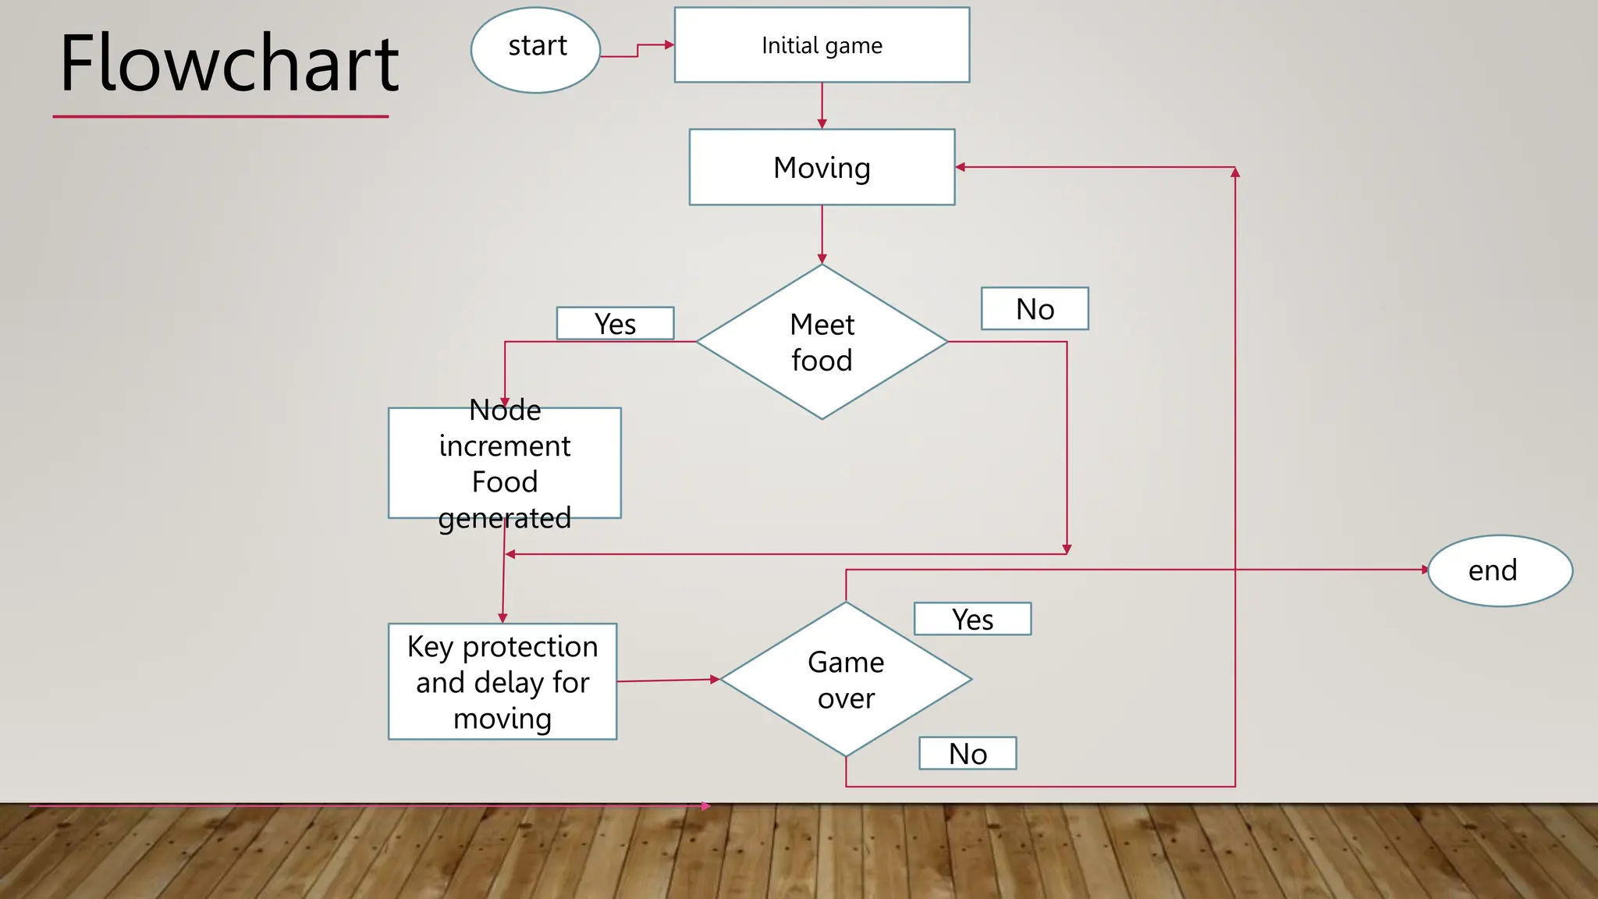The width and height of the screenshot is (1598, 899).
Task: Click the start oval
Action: [536, 50]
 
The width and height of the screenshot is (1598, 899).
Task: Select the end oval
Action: [1500, 570]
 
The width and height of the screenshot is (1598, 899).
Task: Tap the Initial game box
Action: [822, 45]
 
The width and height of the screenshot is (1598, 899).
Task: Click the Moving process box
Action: [822, 167]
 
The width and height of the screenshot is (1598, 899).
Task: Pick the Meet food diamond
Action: [822, 342]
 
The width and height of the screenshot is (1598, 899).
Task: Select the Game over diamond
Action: [846, 679]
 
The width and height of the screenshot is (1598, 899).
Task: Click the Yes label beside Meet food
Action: [615, 324]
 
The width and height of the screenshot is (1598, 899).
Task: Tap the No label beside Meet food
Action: [1035, 309]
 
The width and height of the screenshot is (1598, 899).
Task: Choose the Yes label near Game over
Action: [972, 619]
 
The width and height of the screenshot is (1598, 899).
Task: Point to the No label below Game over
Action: [968, 753]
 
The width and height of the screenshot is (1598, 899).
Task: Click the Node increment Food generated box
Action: [505, 463]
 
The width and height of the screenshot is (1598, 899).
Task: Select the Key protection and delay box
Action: [502, 681]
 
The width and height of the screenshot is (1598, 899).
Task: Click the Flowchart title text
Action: [229, 64]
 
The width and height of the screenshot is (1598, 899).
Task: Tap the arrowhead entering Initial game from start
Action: [669, 45]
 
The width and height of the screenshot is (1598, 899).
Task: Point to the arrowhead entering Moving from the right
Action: [961, 167]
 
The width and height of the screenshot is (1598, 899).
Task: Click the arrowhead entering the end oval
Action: [1425, 570]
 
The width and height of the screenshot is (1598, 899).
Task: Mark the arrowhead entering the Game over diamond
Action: [715, 680]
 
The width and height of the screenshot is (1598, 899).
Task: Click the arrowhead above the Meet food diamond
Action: [822, 259]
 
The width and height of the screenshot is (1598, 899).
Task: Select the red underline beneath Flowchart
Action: [221, 117]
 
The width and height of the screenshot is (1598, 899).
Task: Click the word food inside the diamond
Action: [822, 361]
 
